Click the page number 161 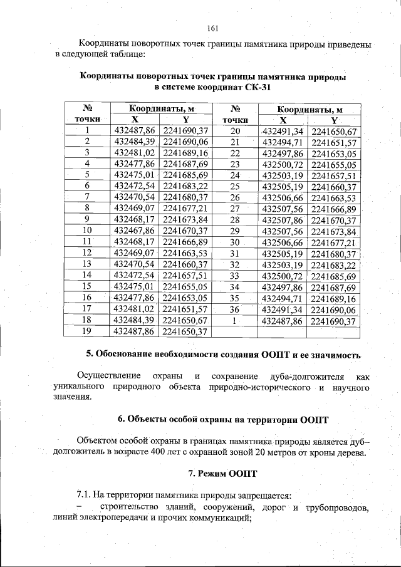tap(211, 27)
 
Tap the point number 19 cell tap(87, 331)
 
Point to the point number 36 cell tap(235, 309)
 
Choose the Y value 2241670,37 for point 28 tap(333, 220)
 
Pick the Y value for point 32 tap(333, 264)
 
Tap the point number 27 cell tap(235, 209)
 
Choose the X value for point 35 tap(282, 298)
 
